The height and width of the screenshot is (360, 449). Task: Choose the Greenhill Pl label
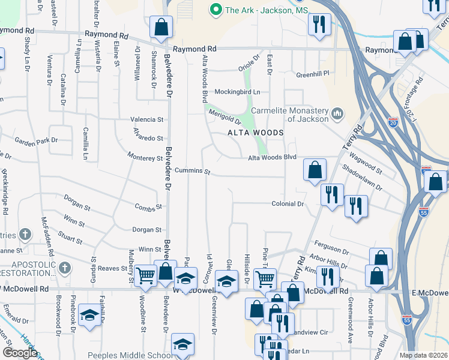[x=313, y=74]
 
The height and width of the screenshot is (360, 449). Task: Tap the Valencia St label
[x=147, y=119]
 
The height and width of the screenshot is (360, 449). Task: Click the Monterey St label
[x=145, y=158]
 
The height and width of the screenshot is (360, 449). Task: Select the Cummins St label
[x=193, y=172]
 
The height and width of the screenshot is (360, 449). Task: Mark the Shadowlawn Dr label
[x=363, y=178]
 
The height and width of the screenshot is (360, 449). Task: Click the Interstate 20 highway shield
[x=393, y=121]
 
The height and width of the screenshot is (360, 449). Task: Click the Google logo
[x=20, y=352]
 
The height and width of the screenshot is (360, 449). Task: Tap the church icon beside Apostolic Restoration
[x=64, y=267]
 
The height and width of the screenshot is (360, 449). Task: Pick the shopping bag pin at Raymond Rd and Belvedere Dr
[x=161, y=27]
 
